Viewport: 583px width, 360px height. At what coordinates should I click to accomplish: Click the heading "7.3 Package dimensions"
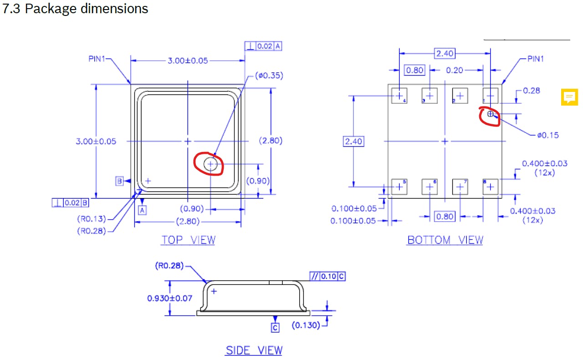tap(75, 9)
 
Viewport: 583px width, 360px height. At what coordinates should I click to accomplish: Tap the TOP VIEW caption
tap(189, 240)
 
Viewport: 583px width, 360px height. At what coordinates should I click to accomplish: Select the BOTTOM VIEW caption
tap(445, 240)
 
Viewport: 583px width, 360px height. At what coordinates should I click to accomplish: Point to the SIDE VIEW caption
tap(254, 350)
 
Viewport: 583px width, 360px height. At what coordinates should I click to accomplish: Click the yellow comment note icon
tap(569, 97)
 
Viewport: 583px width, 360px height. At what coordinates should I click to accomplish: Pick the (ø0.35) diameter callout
tap(269, 76)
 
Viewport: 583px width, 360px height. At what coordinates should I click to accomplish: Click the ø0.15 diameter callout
tap(548, 135)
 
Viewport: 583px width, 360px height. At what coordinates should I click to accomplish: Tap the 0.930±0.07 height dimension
tap(170, 298)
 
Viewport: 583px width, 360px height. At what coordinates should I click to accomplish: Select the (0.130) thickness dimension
tap(306, 325)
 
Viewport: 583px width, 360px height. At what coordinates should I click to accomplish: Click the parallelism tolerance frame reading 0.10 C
tap(327, 276)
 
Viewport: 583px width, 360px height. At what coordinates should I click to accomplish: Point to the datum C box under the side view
tap(275, 328)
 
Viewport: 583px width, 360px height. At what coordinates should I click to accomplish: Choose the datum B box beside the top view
tap(119, 181)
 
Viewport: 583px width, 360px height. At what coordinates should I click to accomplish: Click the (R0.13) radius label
tap(92, 219)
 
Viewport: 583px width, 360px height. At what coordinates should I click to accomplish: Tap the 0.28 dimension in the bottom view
tap(532, 91)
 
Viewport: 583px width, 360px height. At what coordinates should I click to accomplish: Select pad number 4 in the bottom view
tap(399, 96)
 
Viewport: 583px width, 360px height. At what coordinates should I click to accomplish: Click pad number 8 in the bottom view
tap(491, 187)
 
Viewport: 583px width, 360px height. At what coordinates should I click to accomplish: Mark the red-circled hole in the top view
tap(210, 164)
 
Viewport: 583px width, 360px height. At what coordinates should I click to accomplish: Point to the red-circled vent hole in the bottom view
tap(491, 114)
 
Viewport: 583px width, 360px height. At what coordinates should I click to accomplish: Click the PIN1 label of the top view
tap(97, 59)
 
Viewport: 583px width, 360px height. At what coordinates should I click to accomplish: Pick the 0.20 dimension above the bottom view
tap(455, 70)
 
